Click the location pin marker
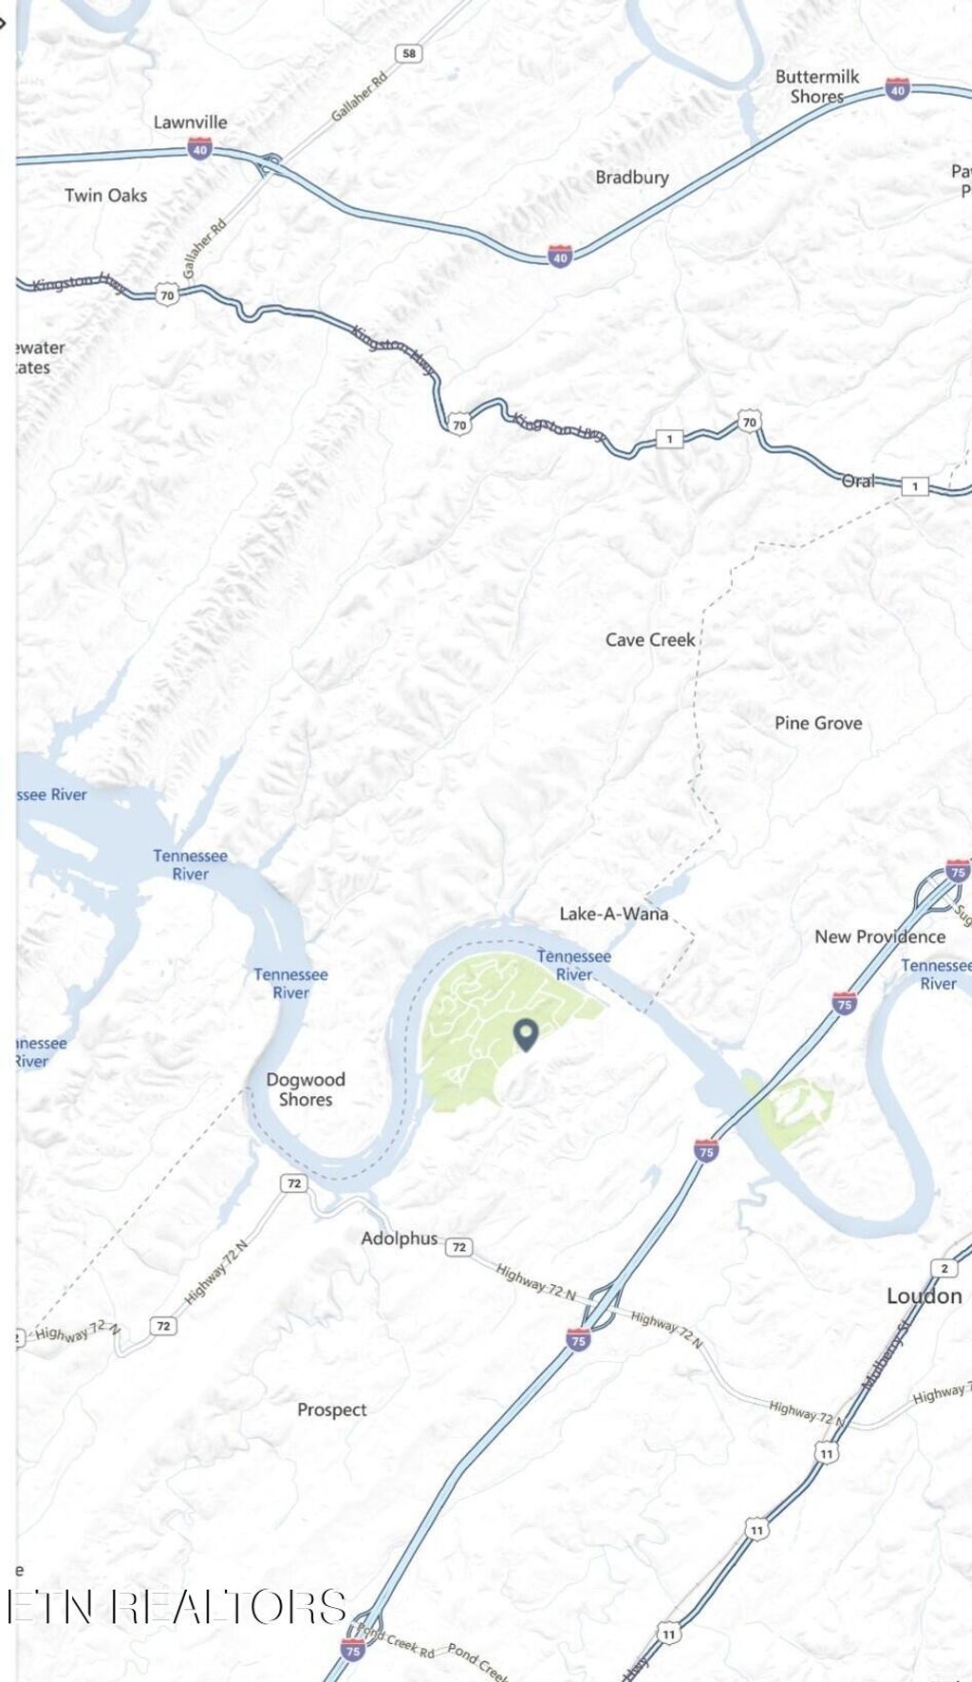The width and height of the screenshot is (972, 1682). [x=526, y=1033]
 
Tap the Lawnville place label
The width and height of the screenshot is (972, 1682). [x=190, y=123]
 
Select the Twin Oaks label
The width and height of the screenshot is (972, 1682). [x=105, y=196]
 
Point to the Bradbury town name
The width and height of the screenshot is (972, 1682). [x=632, y=178]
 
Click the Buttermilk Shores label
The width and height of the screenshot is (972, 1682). [x=816, y=86]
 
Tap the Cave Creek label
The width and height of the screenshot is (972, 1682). [x=650, y=640]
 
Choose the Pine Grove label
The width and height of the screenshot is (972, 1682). [x=818, y=724]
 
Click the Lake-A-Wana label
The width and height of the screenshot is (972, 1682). [x=613, y=914]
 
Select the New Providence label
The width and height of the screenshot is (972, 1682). [x=880, y=936]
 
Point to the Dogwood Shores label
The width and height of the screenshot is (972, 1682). [x=306, y=1089]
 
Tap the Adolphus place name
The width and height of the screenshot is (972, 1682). [x=399, y=1238]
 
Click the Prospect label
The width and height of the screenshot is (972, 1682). [x=331, y=1410]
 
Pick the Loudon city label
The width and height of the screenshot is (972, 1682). [x=924, y=1296]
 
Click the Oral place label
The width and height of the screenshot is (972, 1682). [x=859, y=482]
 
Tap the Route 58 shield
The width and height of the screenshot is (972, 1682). [x=409, y=53]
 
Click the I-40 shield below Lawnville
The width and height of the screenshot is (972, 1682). [x=199, y=150]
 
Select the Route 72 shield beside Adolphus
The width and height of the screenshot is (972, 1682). [x=459, y=1247]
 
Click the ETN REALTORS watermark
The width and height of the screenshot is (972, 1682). [x=177, y=1606]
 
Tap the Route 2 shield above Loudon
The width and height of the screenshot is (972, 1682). [x=944, y=1268]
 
